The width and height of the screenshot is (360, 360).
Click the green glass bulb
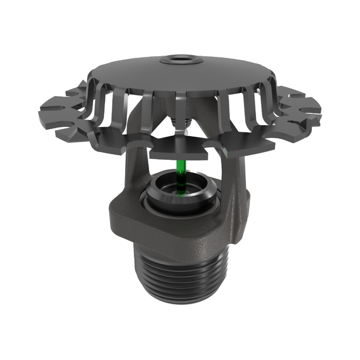coord(180,175)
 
